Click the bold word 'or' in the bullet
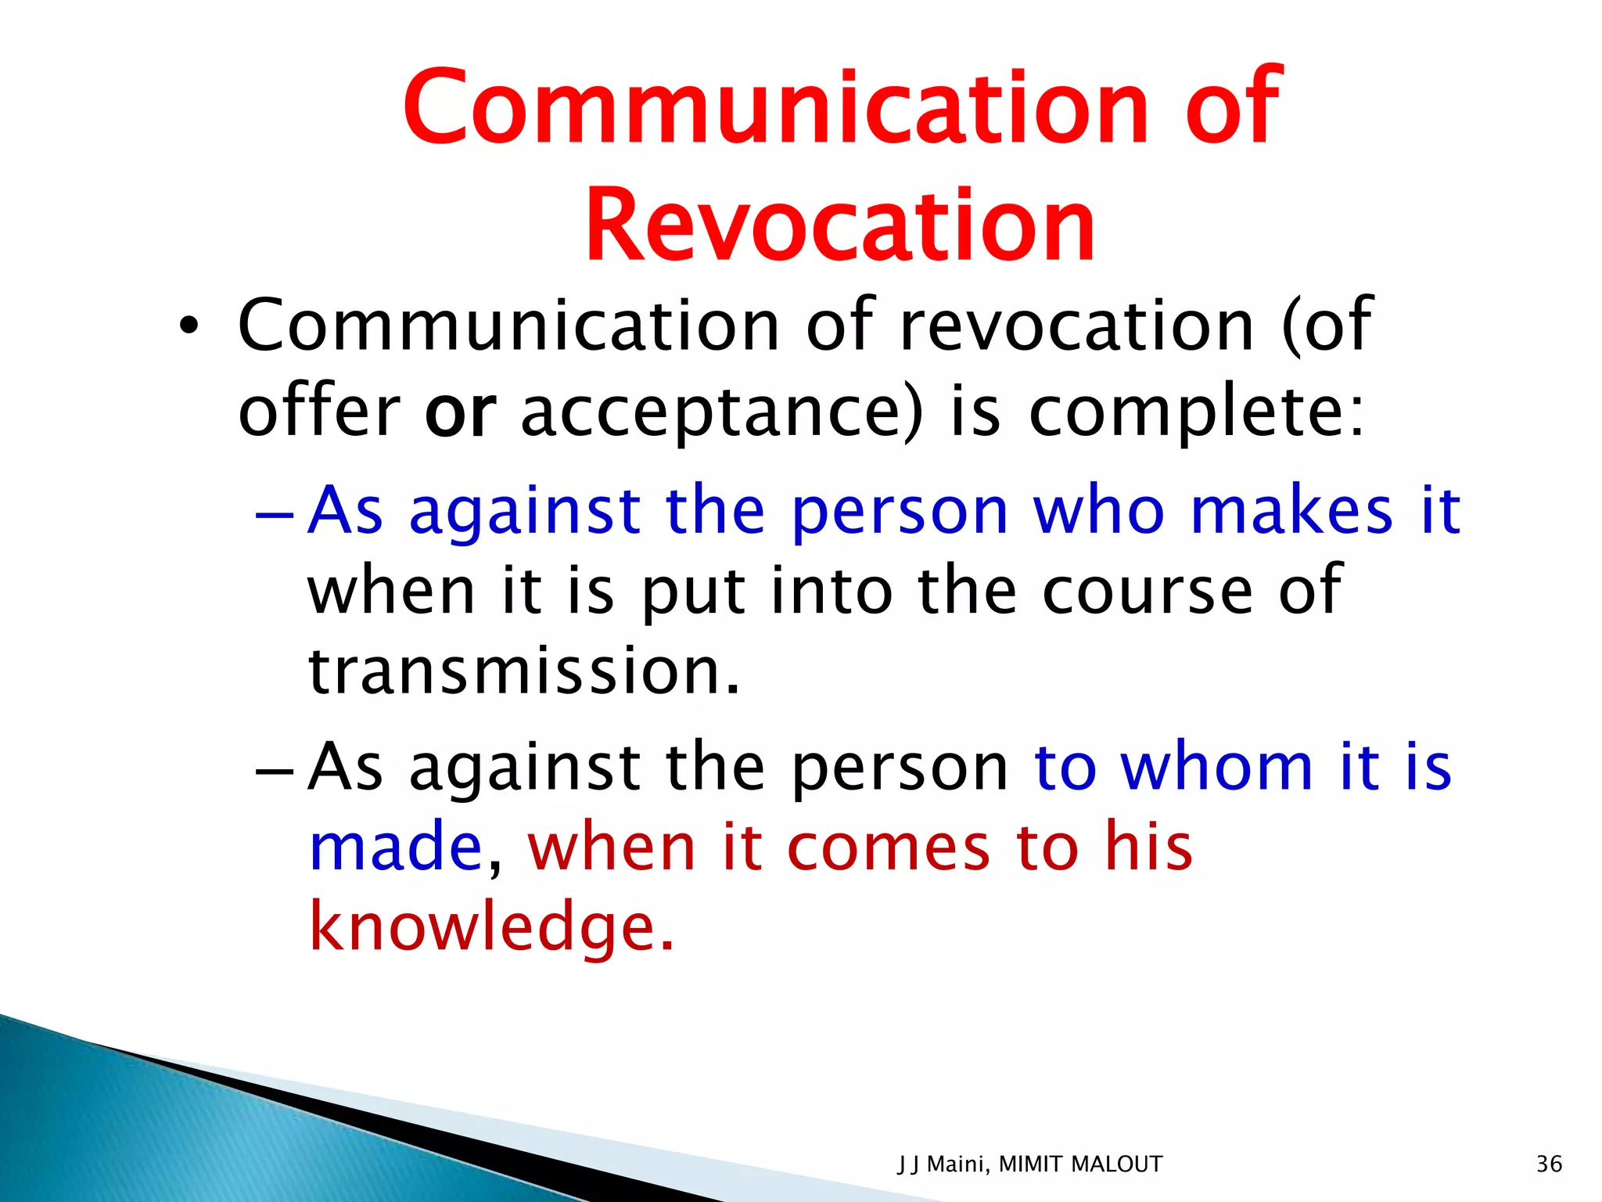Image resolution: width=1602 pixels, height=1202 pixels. click(x=460, y=412)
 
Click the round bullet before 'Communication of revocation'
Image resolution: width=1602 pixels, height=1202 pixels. click(x=189, y=327)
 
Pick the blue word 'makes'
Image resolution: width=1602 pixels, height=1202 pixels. click(x=1291, y=510)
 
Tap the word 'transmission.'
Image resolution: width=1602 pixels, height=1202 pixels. click(x=523, y=671)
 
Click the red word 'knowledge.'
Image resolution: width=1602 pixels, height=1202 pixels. click(x=491, y=927)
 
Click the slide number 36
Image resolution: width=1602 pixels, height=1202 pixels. click(x=1549, y=1164)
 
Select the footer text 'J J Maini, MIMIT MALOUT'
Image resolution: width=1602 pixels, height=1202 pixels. click(x=1029, y=1164)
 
